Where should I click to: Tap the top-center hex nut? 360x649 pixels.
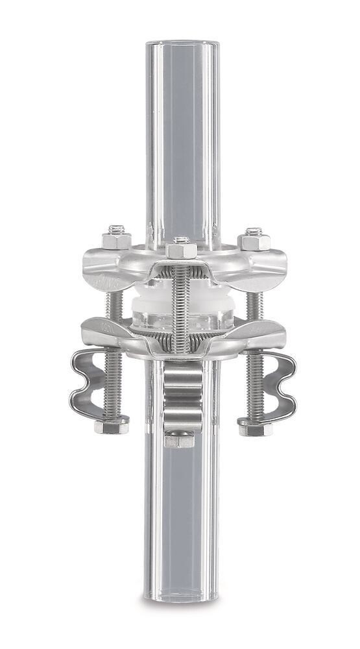click(x=181, y=249)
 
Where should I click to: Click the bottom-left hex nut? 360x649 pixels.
click(x=111, y=426)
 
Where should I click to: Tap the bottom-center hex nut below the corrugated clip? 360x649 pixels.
click(x=180, y=439)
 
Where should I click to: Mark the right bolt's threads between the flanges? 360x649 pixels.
click(x=254, y=305)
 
